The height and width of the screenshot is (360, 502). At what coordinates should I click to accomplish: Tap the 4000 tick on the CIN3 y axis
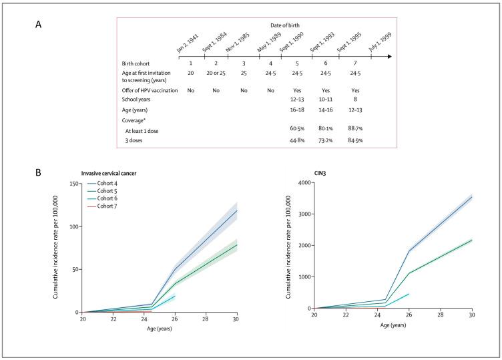[304, 182]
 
